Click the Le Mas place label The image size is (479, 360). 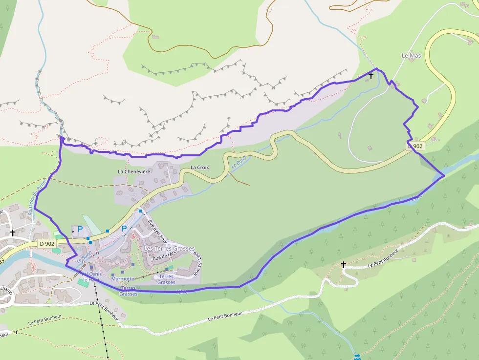tap(411, 56)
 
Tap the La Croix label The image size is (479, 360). tap(199, 168)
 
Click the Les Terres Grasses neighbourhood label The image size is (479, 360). tap(169, 249)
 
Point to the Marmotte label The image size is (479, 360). tap(123, 279)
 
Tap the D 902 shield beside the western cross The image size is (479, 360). tap(47, 243)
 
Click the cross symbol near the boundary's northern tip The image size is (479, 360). tap(371, 76)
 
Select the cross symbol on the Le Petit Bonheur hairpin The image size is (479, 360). tap(344, 265)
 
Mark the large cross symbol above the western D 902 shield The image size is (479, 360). tap(13, 233)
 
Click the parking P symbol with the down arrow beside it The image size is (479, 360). tap(80, 229)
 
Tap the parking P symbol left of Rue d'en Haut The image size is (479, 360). tap(124, 229)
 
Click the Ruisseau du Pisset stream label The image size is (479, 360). tap(37, 197)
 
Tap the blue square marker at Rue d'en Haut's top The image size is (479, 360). tap(140, 211)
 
